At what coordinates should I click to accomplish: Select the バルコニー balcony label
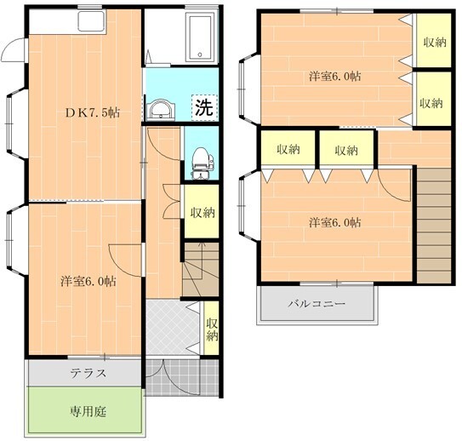316,303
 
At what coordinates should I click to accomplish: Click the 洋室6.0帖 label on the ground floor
88,280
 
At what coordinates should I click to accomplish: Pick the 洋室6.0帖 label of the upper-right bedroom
334,76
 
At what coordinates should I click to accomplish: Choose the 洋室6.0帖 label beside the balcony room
334,222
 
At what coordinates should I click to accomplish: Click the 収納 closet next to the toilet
202,212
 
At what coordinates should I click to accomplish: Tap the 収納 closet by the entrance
212,328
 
